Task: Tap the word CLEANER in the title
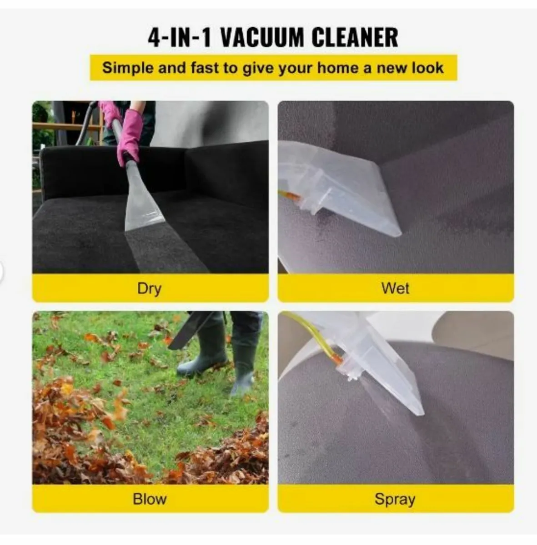(x=355, y=37)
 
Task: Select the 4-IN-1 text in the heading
(x=180, y=37)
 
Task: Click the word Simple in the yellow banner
(x=128, y=68)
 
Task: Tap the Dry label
(x=149, y=289)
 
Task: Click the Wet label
(x=396, y=288)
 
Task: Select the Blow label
(x=150, y=499)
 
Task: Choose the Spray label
(x=395, y=500)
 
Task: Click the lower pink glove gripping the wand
(x=129, y=137)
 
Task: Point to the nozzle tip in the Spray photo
(x=422, y=413)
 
